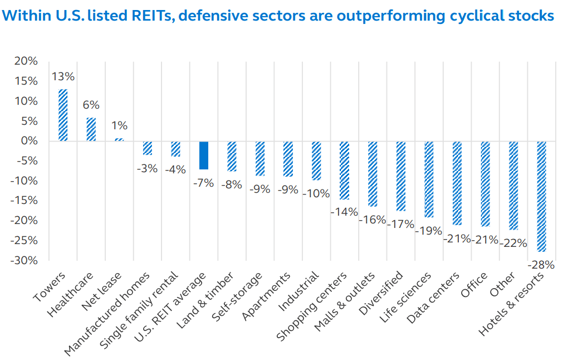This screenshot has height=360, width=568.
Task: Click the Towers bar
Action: tap(63, 115)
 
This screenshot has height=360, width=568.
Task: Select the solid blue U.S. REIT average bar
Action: tap(204, 155)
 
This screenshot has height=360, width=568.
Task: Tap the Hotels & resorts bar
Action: tap(541, 196)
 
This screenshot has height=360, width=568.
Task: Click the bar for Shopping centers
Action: tap(344, 170)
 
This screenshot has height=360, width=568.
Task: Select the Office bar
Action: tap(485, 183)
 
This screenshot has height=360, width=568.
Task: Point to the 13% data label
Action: tap(63, 76)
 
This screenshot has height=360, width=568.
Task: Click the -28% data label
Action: tap(541, 265)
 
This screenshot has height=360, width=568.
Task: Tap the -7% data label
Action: tap(204, 182)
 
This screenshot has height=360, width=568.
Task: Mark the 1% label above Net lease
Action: tap(119, 125)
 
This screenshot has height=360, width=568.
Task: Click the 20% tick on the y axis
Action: tap(26, 61)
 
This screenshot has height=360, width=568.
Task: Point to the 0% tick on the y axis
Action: tap(29, 141)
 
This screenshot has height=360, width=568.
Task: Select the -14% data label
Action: tap(344, 212)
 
